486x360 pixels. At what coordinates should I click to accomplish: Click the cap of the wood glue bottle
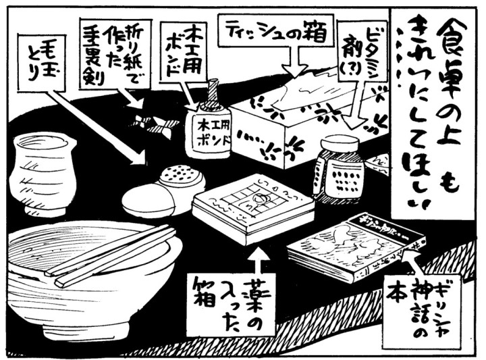click(x=211, y=91)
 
